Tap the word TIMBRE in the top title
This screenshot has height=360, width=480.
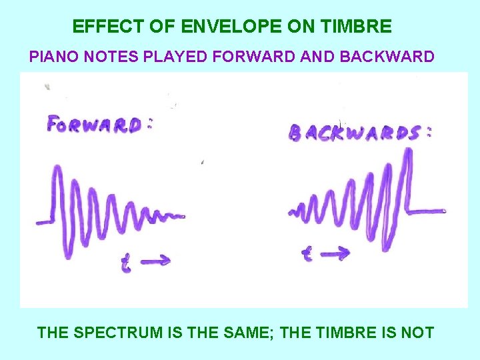[x=357, y=27]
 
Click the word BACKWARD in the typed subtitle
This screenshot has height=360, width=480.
[x=387, y=56]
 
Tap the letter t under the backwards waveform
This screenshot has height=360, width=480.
[x=307, y=253]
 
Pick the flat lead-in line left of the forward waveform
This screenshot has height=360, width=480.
[x=43, y=221]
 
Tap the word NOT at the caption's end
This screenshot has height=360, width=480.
[x=417, y=332]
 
